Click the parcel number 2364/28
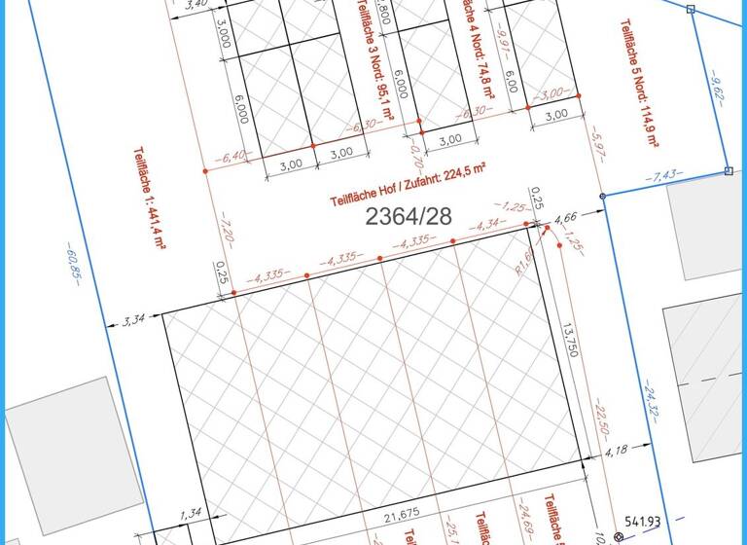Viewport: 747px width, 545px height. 409,216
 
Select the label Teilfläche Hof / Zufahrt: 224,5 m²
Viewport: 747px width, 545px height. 408,185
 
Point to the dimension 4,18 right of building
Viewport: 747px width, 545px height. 616,453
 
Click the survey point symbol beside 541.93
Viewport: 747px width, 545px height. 619,536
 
